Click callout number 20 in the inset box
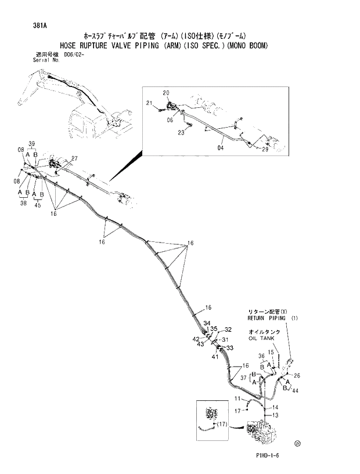point(166,93)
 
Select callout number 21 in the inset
point(149,103)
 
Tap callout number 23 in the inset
point(181,132)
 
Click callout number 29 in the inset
point(265,150)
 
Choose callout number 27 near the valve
point(74,158)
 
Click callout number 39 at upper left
point(32,143)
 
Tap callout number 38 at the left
point(24,204)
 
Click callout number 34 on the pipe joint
point(207,323)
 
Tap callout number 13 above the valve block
point(276,415)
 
